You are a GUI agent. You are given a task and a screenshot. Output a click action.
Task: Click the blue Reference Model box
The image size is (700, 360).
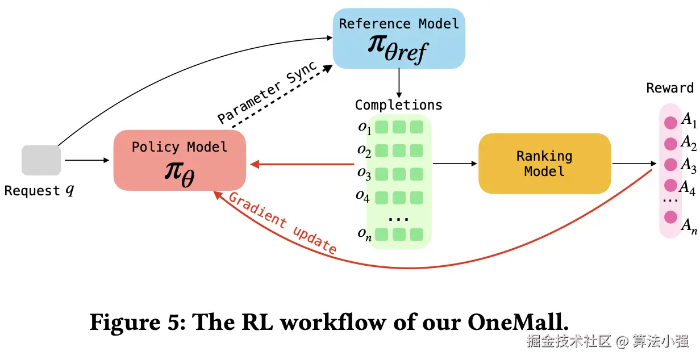click(x=398, y=39)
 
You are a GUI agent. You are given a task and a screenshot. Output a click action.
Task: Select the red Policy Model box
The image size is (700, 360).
click(x=180, y=160)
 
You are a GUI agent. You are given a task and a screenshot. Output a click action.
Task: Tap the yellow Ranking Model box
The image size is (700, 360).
click(x=544, y=164)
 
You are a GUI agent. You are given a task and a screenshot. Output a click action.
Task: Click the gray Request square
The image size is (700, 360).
click(x=41, y=160)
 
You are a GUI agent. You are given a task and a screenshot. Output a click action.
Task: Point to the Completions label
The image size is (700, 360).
click(x=398, y=105)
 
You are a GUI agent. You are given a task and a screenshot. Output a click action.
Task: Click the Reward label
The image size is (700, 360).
click(x=670, y=88)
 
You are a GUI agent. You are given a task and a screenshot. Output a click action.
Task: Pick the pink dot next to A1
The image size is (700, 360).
click(x=670, y=123)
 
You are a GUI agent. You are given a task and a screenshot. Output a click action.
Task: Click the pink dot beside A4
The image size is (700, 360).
click(x=670, y=186)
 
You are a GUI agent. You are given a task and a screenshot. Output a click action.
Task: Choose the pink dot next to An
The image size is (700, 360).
click(x=670, y=217)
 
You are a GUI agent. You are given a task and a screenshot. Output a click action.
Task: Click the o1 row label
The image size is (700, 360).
click(x=364, y=128)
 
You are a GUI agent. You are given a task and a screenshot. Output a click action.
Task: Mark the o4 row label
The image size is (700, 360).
click(x=363, y=196)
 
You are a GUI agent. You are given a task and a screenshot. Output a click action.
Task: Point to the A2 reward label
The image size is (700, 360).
click(x=689, y=142)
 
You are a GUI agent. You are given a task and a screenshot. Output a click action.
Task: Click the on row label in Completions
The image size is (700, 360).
click(x=364, y=234)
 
